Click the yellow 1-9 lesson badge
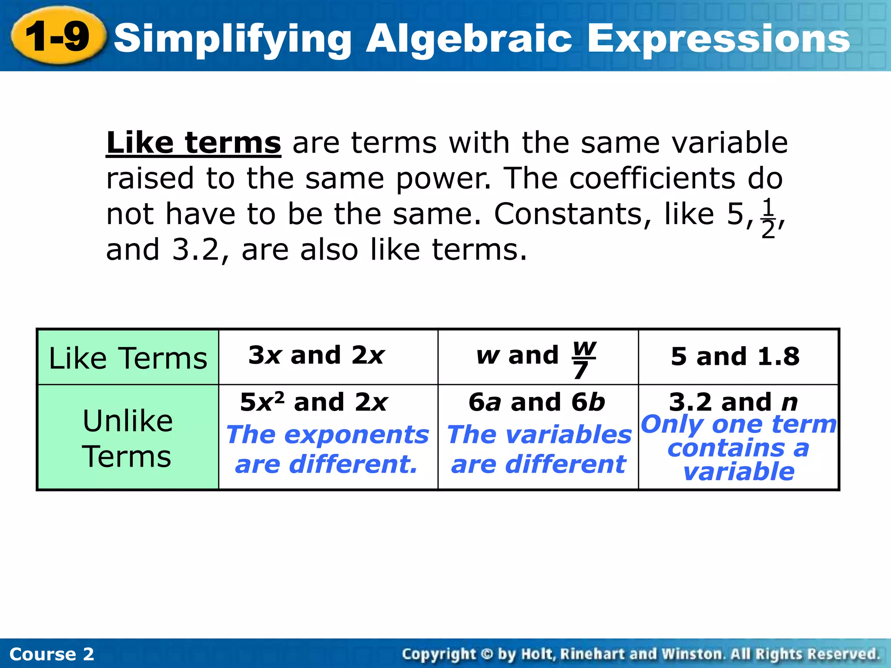point(58,37)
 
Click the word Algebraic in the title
point(469,39)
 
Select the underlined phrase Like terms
point(194,143)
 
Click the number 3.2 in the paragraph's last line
point(195,250)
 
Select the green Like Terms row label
point(128,358)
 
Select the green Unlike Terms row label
point(128,438)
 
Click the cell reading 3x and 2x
point(316,355)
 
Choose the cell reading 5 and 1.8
point(735,357)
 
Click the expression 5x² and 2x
point(314,402)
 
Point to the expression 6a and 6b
point(536,402)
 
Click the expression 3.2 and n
point(734,402)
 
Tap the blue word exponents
point(357,434)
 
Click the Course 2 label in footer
point(51,654)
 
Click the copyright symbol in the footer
point(487,654)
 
